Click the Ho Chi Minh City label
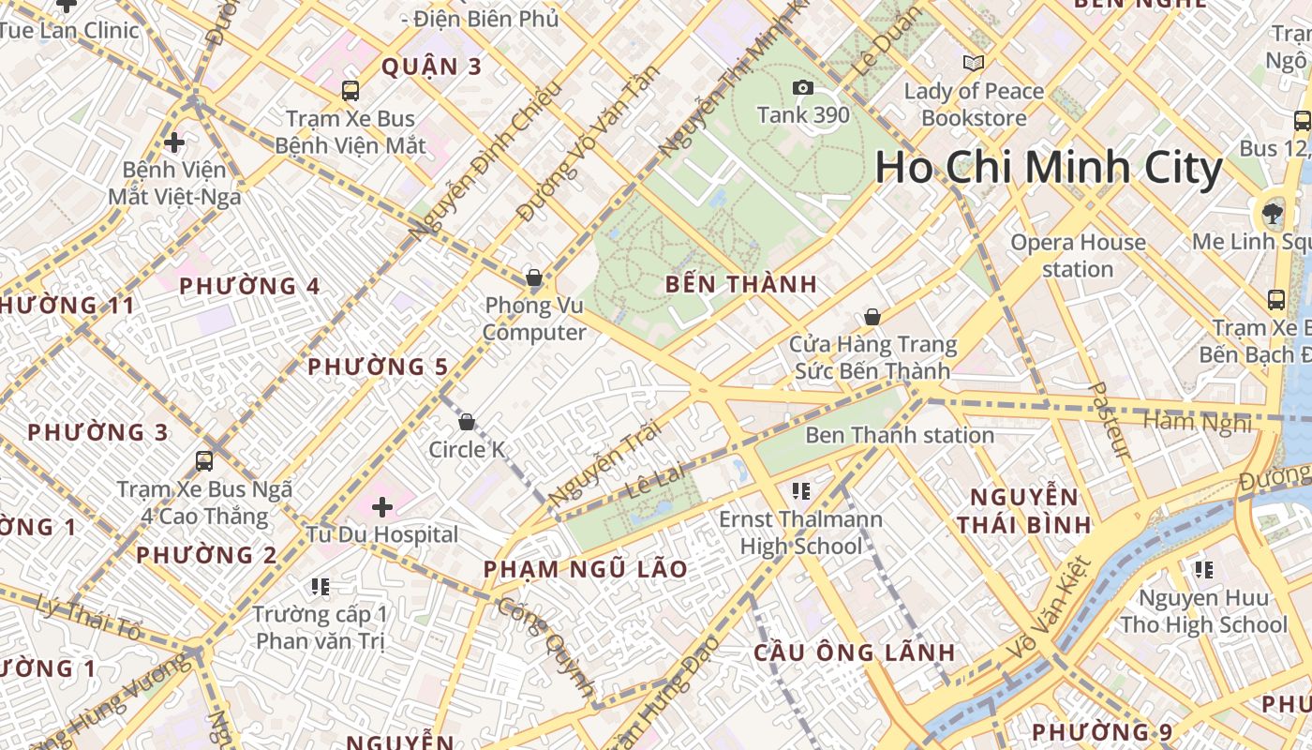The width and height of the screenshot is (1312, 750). tap(1049, 169)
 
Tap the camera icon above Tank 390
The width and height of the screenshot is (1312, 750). tap(803, 88)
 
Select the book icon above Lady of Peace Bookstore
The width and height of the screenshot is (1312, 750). tap(974, 64)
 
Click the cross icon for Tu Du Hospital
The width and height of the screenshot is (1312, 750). tap(382, 507)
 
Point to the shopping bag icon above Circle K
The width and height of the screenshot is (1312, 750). tap(467, 423)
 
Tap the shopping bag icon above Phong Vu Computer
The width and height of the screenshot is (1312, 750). tap(534, 278)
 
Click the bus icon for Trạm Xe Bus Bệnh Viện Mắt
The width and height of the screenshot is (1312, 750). tap(350, 91)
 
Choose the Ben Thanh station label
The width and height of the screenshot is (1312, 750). tap(900, 435)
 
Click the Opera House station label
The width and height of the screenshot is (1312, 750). tap(1078, 256)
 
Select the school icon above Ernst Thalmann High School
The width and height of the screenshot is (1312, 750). tap(800, 490)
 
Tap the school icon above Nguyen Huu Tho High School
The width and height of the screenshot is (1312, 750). tap(1204, 569)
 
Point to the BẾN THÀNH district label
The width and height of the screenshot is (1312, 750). tap(741, 284)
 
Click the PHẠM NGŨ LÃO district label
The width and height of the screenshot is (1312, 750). tap(586, 569)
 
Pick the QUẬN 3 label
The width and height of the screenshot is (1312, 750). tap(432, 67)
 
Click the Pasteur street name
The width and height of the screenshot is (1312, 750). tap(1111, 421)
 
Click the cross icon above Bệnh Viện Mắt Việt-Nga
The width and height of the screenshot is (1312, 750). tap(173, 143)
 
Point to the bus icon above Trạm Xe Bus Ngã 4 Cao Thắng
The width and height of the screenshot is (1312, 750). tap(204, 461)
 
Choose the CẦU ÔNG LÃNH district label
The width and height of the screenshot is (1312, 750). tap(855, 652)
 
